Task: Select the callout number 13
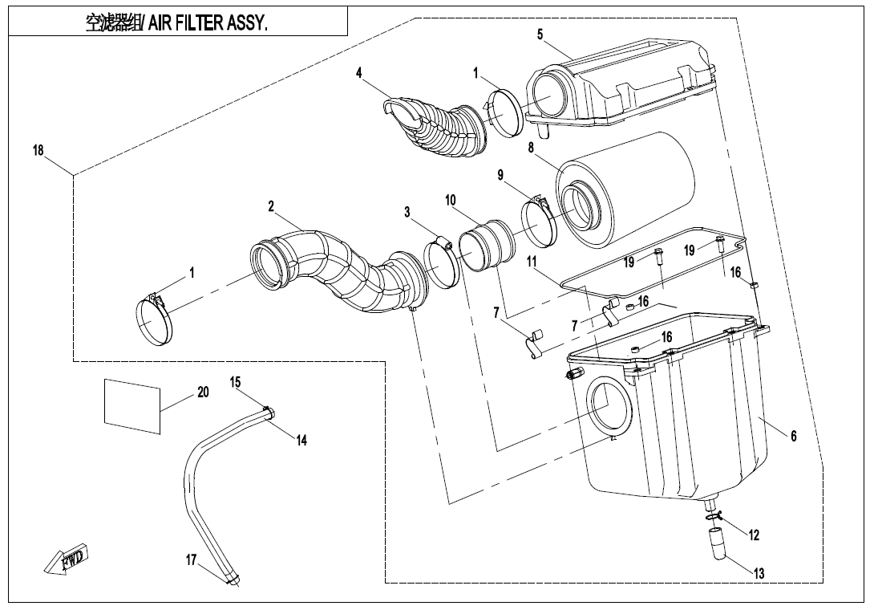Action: pyautogui.click(x=759, y=573)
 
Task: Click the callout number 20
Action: pyautogui.click(x=203, y=392)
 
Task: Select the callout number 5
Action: pyautogui.click(x=540, y=34)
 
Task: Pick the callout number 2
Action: pyautogui.click(x=272, y=206)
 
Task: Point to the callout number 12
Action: pyautogui.click(x=754, y=535)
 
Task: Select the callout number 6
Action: pyautogui.click(x=793, y=436)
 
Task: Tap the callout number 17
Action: pyautogui.click(x=191, y=559)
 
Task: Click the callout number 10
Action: pyautogui.click(x=451, y=198)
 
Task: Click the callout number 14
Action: pyautogui.click(x=301, y=440)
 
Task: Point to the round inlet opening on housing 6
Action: pyautogui.click(x=609, y=405)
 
